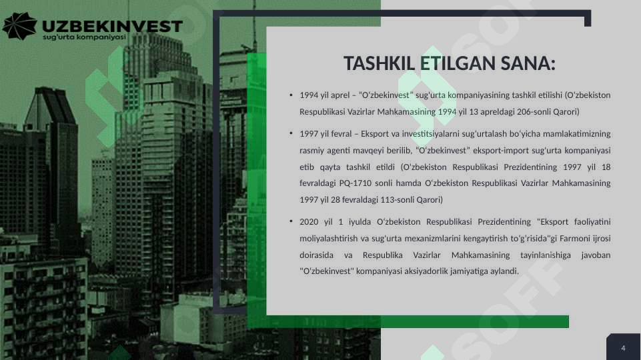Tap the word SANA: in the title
pyautogui.click(x=529, y=65)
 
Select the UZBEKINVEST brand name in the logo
pyautogui.click(x=112, y=25)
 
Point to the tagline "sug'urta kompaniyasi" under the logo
pyautogui.click(x=84, y=38)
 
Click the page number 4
pyautogui.click(x=623, y=349)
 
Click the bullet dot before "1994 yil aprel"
pyautogui.click(x=291, y=95)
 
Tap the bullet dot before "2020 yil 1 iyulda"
pyautogui.click(x=291, y=221)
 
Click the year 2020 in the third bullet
pyautogui.click(x=309, y=222)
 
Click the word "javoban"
pyautogui.click(x=596, y=255)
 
